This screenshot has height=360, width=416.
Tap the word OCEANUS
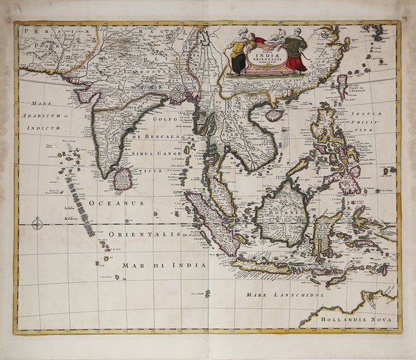[116, 203]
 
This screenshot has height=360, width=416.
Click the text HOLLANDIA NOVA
[356, 320]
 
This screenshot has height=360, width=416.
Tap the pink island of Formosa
[342, 85]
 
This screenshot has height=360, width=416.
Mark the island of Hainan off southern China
[275, 114]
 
